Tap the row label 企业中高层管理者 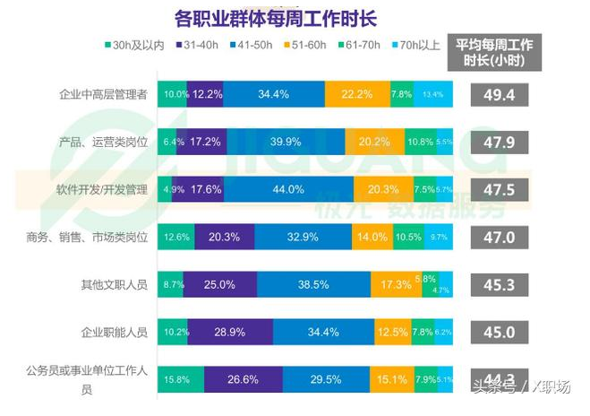pyautogui.click(x=103, y=94)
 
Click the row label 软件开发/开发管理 pyautogui.click(x=103, y=190)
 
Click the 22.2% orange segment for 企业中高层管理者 pyautogui.click(x=357, y=94)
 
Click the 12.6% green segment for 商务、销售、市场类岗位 pyautogui.click(x=175, y=238)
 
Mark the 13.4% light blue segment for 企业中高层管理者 pyautogui.click(x=432, y=94)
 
